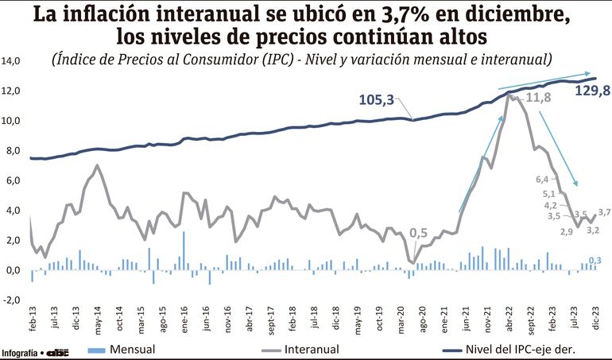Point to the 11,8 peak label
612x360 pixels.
coord(538,99)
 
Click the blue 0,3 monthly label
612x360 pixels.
coord(595,260)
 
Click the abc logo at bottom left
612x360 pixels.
coord(58,351)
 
